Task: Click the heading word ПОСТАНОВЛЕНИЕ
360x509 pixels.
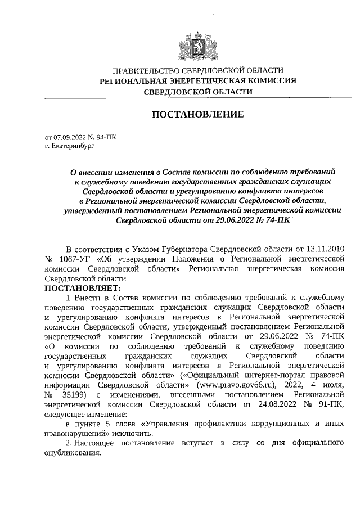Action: coord(197,115)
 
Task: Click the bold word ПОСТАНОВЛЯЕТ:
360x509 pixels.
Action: coord(78,287)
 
